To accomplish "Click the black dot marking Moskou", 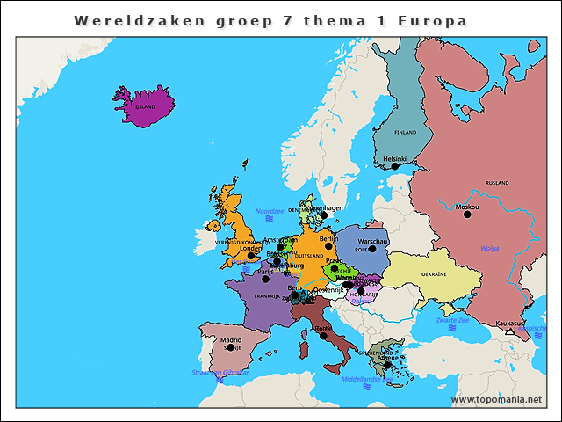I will (467, 215).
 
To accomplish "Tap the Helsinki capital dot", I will (395, 166).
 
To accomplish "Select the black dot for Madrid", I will (230, 347).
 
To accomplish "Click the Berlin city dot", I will (328, 246).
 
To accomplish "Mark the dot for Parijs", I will (265, 279).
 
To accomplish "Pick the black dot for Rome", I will (323, 336).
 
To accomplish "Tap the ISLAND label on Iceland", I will (144, 106).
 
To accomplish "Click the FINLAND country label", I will (405, 133).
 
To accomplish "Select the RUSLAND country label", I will (497, 183).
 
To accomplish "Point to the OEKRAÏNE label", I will (434, 274).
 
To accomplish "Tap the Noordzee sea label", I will (269, 211).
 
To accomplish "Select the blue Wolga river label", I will (488, 248).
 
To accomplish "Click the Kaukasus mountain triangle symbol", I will (508, 331).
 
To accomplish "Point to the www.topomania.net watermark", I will (496, 399).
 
